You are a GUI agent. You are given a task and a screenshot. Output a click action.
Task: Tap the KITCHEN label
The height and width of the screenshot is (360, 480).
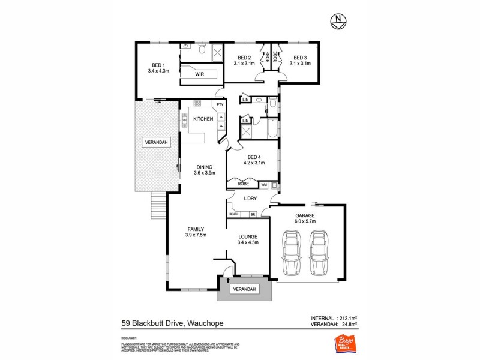(x=203, y=119)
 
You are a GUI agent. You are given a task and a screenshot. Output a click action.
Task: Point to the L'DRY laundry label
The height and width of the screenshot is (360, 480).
(x=251, y=198)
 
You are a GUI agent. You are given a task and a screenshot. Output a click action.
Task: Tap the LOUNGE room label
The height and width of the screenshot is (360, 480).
(x=248, y=239)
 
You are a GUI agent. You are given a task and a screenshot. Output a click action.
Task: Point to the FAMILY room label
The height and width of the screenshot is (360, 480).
(x=196, y=232)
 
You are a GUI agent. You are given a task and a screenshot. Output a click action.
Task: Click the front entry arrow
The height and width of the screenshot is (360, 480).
(x=228, y=280)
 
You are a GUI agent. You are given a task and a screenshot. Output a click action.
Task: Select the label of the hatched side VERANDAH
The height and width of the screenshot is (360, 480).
(x=155, y=142)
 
